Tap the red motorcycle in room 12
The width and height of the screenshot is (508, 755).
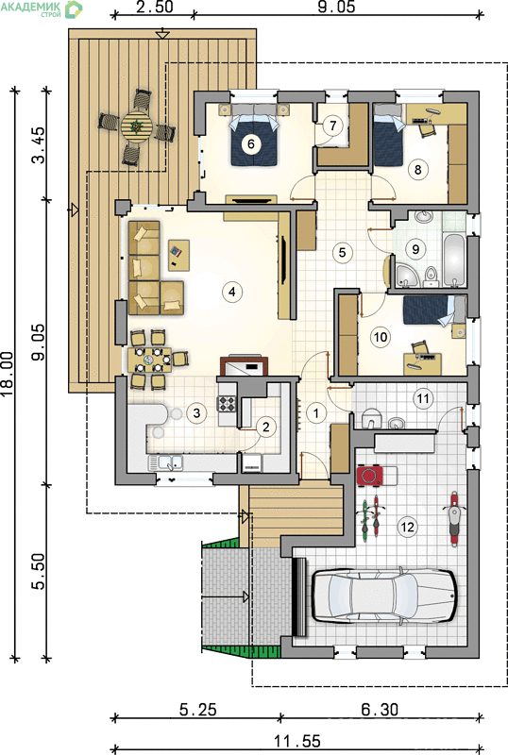click(x=453, y=519)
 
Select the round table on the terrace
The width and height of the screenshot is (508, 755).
click(x=136, y=127)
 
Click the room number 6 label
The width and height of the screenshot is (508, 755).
click(x=250, y=143)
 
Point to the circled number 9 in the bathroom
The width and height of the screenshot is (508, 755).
click(x=415, y=249)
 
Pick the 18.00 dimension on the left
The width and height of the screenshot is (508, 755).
click(x=10, y=374)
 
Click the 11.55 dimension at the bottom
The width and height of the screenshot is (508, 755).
click(x=296, y=741)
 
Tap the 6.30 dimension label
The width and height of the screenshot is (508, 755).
click(x=380, y=710)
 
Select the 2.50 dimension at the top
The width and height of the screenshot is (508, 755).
click(x=154, y=7)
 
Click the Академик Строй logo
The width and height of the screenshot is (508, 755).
click(x=42, y=8)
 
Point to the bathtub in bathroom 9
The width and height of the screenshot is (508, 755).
click(x=454, y=260)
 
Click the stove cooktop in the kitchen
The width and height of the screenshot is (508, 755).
click(x=227, y=403)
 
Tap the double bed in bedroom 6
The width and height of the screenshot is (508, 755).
click(x=255, y=136)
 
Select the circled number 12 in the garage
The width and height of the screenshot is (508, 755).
click(x=407, y=527)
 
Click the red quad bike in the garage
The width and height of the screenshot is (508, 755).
click(x=370, y=476)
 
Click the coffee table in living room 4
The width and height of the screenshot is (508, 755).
click(x=178, y=255)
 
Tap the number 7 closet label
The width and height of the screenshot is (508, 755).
click(x=332, y=126)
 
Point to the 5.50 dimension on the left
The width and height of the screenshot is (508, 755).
click(x=38, y=571)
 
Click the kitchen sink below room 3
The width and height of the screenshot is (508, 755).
click(x=165, y=462)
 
